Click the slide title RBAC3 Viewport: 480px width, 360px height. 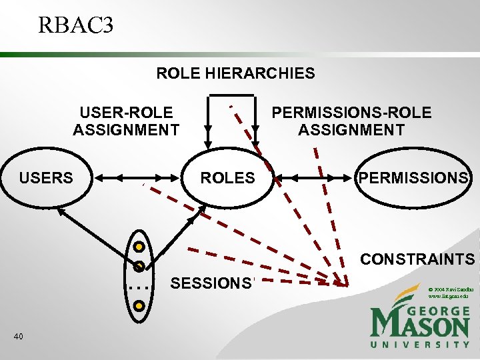[76, 25]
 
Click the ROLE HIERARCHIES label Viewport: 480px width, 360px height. [235, 73]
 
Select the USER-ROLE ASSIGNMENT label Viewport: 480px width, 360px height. [126, 121]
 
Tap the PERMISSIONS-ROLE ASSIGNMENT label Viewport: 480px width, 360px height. [351, 121]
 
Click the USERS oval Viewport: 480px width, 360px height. [46, 178]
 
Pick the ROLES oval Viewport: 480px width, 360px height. [228, 178]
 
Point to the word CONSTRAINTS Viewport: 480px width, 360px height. [417, 259]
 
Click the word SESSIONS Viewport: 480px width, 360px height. [210, 283]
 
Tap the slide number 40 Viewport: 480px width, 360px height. [19, 336]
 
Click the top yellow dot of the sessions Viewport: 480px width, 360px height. [139, 245]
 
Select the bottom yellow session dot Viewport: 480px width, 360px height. [139, 306]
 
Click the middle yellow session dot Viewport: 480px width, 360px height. [139, 265]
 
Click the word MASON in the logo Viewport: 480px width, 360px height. [420, 325]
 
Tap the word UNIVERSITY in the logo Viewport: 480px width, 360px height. [420, 344]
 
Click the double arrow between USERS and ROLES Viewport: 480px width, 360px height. [137, 178]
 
